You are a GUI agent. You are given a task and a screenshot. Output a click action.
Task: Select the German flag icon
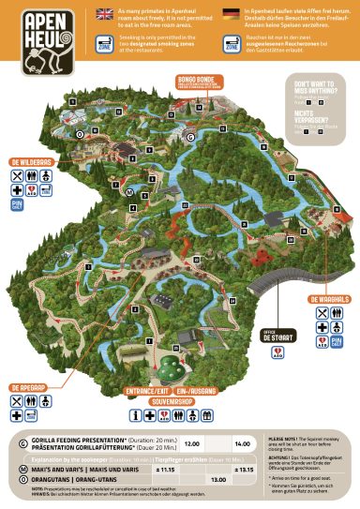pos(232,16)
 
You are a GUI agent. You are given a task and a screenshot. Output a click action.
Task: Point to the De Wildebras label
pos(29,161)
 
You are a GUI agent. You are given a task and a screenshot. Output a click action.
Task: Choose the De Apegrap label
pos(30,386)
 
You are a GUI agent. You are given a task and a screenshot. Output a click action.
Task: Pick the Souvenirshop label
pos(172,401)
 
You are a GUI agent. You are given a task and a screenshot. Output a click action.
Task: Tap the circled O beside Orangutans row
pos(22,479)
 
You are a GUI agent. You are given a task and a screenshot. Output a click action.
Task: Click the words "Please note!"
pos(285,437)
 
